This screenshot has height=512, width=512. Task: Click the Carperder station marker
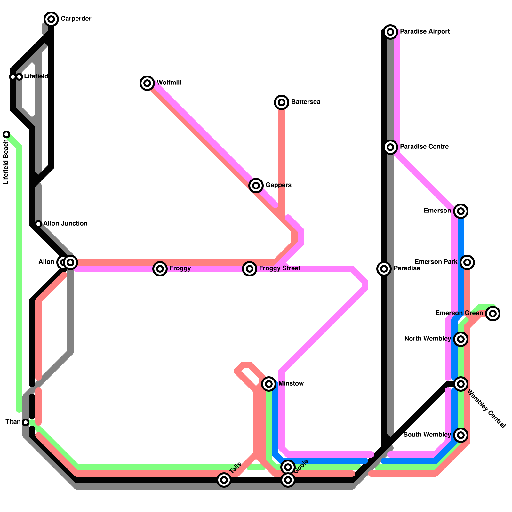tap(51, 19)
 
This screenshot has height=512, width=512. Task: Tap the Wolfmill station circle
tap(147, 83)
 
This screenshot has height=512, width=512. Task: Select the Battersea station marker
tap(282, 102)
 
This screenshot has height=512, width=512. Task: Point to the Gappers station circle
tap(256, 185)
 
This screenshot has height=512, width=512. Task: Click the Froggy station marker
tap(160, 269)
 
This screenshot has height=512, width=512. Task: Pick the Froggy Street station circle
tap(250, 269)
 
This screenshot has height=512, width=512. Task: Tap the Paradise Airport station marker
tap(390, 32)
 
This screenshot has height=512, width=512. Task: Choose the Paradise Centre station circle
tap(390, 147)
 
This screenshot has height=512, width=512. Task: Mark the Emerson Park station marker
tap(467, 262)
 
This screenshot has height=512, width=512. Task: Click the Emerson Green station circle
tap(493, 314)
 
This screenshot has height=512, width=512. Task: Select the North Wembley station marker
tap(461, 339)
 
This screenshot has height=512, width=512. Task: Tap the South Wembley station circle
tap(461, 435)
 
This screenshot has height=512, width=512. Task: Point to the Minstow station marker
tap(269, 384)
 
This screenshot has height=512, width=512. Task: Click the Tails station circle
tap(224, 480)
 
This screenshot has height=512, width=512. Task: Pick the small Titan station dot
tap(26, 422)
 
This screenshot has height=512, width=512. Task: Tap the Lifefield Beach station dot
tap(6, 134)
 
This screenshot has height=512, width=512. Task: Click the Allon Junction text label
tap(65, 223)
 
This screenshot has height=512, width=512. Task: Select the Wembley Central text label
tap(486, 409)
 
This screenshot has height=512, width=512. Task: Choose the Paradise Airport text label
tap(425, 32)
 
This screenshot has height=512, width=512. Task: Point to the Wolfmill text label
tap(169, 83)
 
